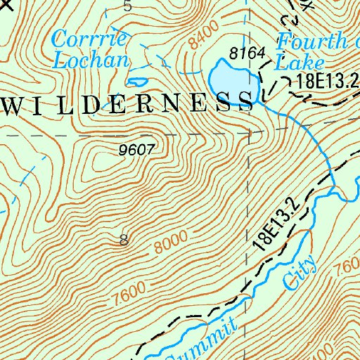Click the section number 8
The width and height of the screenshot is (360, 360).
[124, 240]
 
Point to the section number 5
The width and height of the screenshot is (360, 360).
[127, 6]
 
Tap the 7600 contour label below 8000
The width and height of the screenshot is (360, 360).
[127, 290]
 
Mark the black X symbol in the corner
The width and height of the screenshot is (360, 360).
[7, 4]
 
